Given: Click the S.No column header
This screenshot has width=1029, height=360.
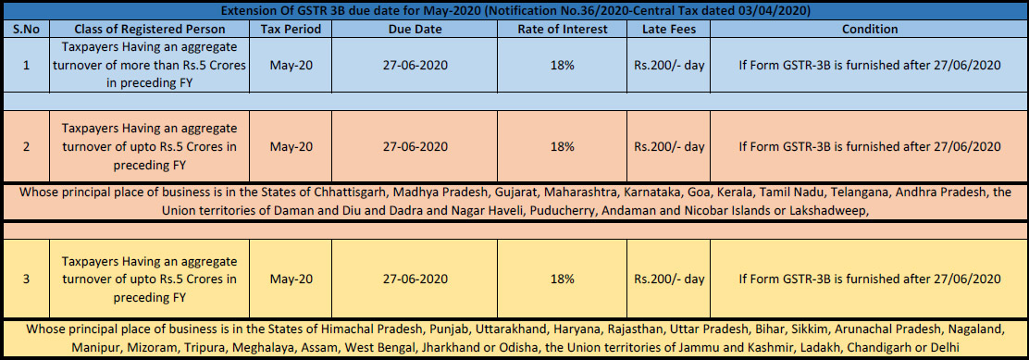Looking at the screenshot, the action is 26,30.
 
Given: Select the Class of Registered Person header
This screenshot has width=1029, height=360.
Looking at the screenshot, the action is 150,30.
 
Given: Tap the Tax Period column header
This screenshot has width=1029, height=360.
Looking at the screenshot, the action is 291,30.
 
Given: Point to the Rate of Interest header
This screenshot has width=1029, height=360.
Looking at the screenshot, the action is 563,30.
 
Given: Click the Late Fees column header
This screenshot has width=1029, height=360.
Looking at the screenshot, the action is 669,30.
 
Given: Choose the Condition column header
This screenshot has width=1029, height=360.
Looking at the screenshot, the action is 870,30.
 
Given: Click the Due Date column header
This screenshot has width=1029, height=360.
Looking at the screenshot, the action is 415,30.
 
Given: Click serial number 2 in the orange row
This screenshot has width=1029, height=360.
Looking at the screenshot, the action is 26,147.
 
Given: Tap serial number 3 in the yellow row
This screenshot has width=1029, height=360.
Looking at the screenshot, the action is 26,279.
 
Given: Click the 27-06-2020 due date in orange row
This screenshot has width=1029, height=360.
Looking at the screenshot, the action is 415,147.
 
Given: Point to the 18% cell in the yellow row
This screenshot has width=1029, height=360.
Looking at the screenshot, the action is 563,279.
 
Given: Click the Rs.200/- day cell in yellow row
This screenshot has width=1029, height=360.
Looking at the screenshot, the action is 669,279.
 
